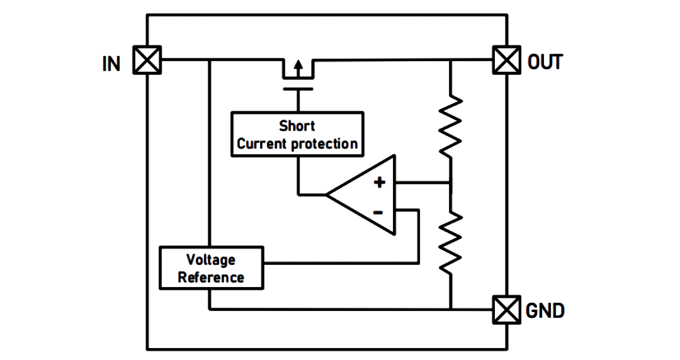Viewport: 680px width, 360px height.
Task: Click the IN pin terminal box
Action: click(x=147, y=60)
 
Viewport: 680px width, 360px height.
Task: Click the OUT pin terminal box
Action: click(x=506, y=60)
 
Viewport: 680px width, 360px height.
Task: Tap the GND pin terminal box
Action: click(x=506, y=310)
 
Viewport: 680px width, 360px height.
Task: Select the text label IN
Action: click(x=111, y=64)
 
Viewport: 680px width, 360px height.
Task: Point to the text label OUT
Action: click(x=545, y=62)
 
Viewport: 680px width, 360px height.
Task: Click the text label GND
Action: click(x=545, y=311)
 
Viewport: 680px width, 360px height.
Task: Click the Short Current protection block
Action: click(x=297, y=134)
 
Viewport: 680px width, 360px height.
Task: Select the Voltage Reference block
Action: click(x=211, y=267)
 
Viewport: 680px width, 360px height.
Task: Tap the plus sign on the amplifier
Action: click(x=380, y=182)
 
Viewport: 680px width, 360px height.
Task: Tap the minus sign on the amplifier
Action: click(x=378, y=212)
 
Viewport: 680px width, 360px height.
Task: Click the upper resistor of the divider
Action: click(x=451, y=126)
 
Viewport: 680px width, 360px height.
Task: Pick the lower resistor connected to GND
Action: click(x=451, y=243)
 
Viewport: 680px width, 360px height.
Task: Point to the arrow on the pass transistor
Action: click(x=298, y=69)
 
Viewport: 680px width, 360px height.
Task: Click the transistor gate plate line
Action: click(x=298, y=89)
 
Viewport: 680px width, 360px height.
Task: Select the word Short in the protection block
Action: click(x=297, y=126)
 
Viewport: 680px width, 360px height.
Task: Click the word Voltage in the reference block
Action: click(x=211, y=259)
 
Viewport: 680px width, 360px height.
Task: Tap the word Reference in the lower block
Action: click(x=211, y=277)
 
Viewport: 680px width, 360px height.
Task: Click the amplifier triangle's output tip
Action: click(x=326, y=194)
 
